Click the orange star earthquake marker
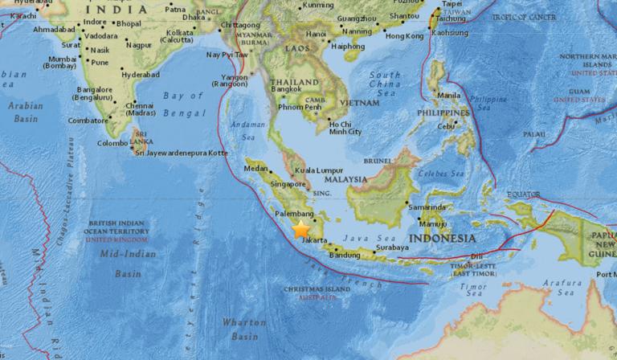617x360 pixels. coord(301,230)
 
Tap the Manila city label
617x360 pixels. coord(450,96)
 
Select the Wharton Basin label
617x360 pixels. coord(243,327)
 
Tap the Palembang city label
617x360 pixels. coord(292,215)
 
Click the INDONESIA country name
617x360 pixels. coord(441,239)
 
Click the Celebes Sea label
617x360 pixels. coord(435,174)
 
